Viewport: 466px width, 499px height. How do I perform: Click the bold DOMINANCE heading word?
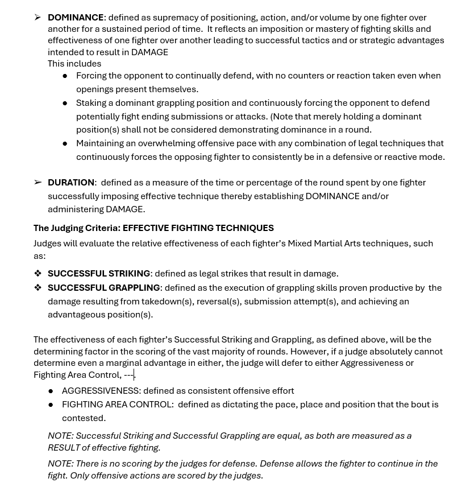(76, 18)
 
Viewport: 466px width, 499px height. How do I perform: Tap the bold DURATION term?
(71, 183)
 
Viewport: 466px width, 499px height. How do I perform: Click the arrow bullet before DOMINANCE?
(38, 18)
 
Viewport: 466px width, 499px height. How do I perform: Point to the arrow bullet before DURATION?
(38, 183)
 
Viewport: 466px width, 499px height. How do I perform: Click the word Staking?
(91, 103)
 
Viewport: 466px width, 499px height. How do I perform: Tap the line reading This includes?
(74, 64)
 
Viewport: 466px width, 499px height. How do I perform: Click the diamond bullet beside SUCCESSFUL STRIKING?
(38, 274)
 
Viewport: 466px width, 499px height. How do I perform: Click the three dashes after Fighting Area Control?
(128, 375)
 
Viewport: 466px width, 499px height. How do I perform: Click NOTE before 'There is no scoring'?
(60, 464)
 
